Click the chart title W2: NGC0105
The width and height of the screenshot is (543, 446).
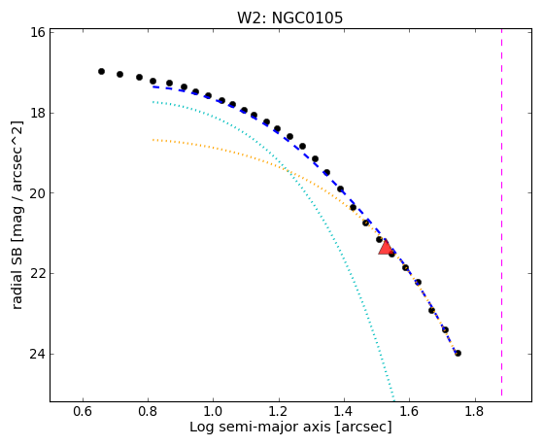pyautogui.click(x=289, y=17)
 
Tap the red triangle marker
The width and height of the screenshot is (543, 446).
pyautogui.click(x=386, y=248)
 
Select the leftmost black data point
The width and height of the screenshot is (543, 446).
pyautogui.click(x=101, y=71)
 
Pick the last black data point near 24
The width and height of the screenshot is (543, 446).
pyautogui.click(x=458, y=353)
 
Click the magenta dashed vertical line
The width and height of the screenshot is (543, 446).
pyautogui.click(x=501, y=213)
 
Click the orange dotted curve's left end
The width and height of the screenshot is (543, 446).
pyautogui.click(x=153, y=140)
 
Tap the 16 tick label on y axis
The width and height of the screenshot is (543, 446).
pyautogui.click(x=38, y=32)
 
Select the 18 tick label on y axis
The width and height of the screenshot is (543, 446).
pyautogui.click(x=38, y=113)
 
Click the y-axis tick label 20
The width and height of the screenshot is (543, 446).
pyautogui.click(x=38, y=193)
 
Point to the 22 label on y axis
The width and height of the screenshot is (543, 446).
pyautogui.click(x=38, y=273)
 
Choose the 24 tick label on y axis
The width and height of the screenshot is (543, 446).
pyautogui.click(x=38, y=354)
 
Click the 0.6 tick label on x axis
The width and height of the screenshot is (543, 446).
pyautogui.click(x=83, y=411)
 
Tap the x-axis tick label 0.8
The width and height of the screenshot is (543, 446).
pyautogui.click(x=148, y=411)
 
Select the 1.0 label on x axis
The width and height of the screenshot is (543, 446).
pyautogui.click(x=214, y=411)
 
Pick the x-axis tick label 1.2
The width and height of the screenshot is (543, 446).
pyautogui.click(x=279, y=411)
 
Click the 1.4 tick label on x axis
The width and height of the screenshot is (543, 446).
pyautogui.click(x=344, y=411)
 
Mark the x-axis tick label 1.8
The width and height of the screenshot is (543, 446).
pyautogui.click(x=475, y=411)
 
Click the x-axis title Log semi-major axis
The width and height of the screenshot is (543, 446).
pyautogui.click(x=260, y=428)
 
